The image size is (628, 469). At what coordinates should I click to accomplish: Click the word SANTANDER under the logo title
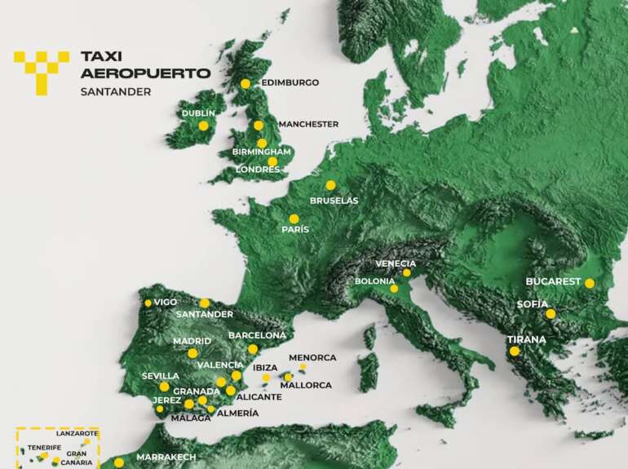115,92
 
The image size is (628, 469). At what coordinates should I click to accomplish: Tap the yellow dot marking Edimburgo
245,83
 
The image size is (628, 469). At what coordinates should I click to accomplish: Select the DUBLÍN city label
198,113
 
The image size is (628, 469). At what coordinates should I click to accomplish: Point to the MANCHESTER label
307,124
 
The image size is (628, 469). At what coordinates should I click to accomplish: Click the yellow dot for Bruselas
330,185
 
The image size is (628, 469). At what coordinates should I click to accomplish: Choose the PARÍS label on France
295,230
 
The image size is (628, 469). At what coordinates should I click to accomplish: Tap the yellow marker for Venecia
406,272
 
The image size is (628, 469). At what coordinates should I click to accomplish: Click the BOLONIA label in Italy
374,281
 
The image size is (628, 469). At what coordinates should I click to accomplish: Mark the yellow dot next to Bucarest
589,283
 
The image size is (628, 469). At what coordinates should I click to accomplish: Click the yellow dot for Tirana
514,351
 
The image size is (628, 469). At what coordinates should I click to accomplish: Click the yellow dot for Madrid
192,353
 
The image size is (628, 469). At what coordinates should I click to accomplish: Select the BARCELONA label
257,335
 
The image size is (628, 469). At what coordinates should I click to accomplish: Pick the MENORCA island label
312,358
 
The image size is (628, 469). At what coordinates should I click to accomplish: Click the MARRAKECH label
166,457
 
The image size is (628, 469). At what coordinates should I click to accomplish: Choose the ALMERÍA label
238,413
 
